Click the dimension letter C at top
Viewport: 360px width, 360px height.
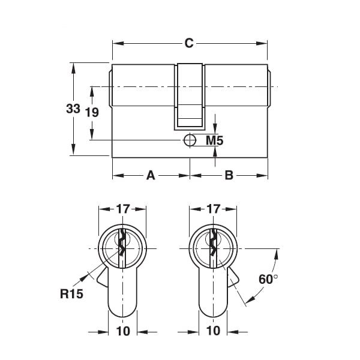click(x=188, y=43)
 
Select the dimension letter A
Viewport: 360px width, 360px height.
click(x=151, y=176)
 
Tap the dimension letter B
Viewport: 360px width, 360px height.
click(x=229, y=176)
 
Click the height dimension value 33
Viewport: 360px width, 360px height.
click(x=73, y=109)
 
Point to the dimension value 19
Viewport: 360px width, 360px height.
click(x=91, y=112)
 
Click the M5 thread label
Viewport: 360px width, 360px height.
click(x=215, y=141)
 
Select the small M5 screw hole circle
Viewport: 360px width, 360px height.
click(x=189, y=140)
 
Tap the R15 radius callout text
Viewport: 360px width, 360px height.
click(x=71, y=294)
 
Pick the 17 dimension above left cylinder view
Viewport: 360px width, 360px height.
click(x=122, y=209)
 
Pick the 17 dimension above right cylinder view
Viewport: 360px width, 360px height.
click(x=213, y=209)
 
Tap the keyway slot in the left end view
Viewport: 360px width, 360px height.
click(x=122, y=245)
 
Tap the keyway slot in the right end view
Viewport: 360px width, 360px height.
click(x=213, y=245)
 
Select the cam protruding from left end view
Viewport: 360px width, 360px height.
click(x=102, y=280)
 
